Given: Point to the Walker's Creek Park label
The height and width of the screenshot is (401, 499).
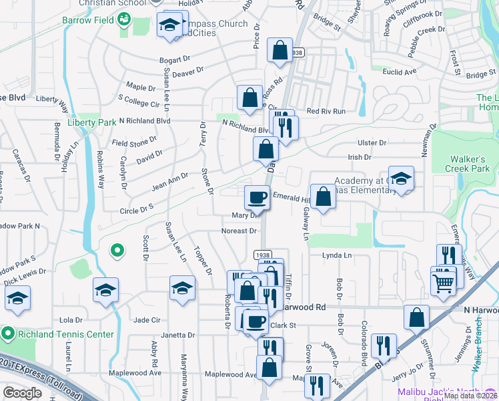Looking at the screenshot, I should (466, 164).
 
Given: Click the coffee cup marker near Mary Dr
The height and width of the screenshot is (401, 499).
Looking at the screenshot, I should (257, 198).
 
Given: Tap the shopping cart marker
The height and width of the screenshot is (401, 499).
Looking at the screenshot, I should (443, 281).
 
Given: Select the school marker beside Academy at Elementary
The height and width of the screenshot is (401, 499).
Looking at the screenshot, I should (400, 178).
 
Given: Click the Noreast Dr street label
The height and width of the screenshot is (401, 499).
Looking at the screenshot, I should (239, 231).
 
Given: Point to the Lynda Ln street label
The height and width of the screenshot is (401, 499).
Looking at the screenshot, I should (336, 255).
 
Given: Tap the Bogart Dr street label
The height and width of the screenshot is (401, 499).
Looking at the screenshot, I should (176, 61).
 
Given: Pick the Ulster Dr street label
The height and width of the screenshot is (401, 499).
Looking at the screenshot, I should (372, 143).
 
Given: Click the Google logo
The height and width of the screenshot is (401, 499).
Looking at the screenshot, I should (23, 393).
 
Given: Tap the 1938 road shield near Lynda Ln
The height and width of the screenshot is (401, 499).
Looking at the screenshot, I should (262, 255).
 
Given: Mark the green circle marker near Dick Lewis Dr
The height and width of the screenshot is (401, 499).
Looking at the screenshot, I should (117, 251).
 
